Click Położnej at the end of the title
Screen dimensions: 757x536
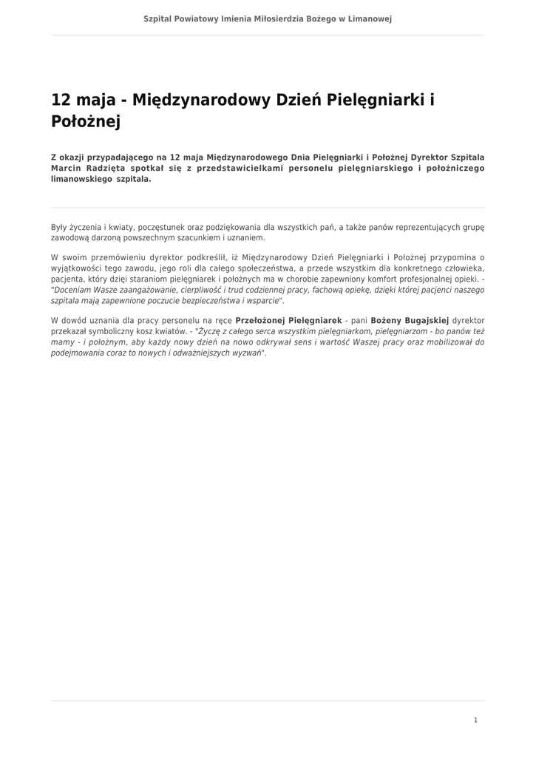coord(85,122)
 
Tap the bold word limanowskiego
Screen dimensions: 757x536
coord(81,179)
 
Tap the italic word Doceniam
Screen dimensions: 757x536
coord(74,290)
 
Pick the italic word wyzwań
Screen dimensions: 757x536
coord(248,353)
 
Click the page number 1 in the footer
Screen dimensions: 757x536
coord(475,720)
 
